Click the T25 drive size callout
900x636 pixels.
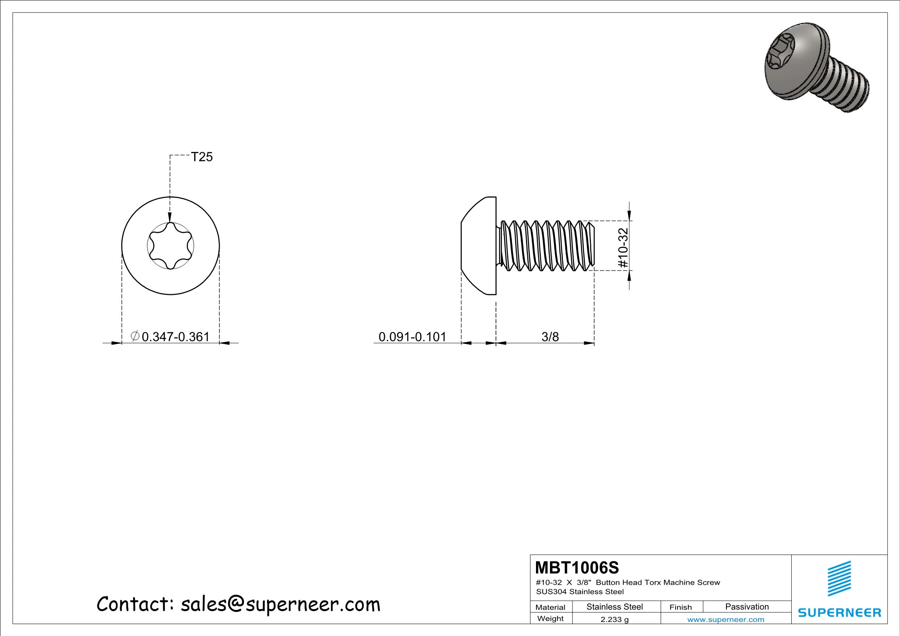[202, 157]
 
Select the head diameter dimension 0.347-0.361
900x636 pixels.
[175, 337]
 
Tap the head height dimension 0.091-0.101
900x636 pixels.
[412, 337]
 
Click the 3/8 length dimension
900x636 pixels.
[550, 337]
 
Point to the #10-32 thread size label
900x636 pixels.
[623, 248]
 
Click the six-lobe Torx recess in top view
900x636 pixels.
[170, 246]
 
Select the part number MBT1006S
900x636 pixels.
[577, 568]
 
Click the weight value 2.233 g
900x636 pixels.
[615, 619]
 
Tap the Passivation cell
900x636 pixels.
[747, 607]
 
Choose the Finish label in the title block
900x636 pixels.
[681, 607]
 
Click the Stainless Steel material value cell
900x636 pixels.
[615, 607]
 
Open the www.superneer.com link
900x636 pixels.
[726, 620]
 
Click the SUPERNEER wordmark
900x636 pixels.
[839, 613]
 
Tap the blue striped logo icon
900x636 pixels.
[839, 578]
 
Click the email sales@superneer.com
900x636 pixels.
[280, 604]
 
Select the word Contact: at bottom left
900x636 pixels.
[135, 604]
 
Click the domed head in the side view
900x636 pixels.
[478, 246]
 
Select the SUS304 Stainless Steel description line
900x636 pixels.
[580, 592]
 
